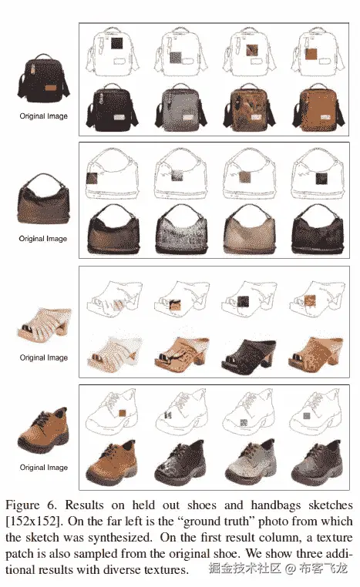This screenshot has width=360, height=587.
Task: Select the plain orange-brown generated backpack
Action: click(x=318, y=108)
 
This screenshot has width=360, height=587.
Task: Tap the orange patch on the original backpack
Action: click(x=52, y=88)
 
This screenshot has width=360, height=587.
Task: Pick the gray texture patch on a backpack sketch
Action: click(x=175, y=57)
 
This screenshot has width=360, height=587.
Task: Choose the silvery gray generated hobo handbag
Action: click(x=181, y=229)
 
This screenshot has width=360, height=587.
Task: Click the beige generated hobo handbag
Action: click(x=249, y=229)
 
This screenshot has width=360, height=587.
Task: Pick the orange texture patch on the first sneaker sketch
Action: click(x=122, y=413)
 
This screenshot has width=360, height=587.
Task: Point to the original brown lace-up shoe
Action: click(x=44, y=431)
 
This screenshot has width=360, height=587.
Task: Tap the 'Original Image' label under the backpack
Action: click(x=44, y=116)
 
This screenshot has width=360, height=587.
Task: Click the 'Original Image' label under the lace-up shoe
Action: click(x=44, y=467)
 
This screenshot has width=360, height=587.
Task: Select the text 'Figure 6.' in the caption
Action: click(x=32, y=505)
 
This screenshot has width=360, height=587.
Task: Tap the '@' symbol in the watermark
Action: click(x=291, y=569)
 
